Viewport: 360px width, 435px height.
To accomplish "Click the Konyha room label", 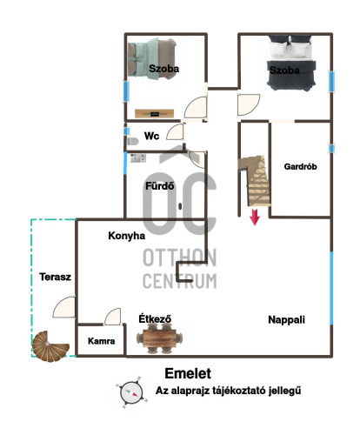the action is tap(126, 236).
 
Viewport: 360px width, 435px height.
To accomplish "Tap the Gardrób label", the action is tap(300, 166).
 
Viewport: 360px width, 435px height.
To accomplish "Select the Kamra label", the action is tap(101, 341).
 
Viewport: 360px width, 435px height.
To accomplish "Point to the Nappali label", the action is tap(286, 319).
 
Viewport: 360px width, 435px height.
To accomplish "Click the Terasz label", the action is tap(55, 277).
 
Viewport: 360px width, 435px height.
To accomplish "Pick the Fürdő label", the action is tap(160, 186).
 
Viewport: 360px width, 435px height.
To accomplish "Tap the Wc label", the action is tap(151, 136).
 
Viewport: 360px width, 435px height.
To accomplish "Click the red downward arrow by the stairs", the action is tap(255, 217).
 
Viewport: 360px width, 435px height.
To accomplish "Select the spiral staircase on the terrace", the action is tap(50, 346).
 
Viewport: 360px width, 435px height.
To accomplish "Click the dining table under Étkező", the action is tap(159, 338).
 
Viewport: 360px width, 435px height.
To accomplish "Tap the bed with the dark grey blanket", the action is tap(291, 63).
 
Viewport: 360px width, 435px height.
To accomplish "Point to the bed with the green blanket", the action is tap(152, 59).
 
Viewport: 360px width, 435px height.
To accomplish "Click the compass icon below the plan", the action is tap(132, 392).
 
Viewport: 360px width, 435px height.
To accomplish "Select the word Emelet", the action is tap(188, 373).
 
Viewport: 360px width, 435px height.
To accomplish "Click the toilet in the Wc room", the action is tap(133, 141).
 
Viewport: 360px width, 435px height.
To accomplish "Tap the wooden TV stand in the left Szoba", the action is tap(155, 114).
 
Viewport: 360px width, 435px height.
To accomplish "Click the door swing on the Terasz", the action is tap(64, 307).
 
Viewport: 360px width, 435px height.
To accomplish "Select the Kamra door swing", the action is tap(112, 317).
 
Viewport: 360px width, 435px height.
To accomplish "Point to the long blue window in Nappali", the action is tap(331, 288).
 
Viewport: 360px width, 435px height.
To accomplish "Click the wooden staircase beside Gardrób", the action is tap(255, 180).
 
